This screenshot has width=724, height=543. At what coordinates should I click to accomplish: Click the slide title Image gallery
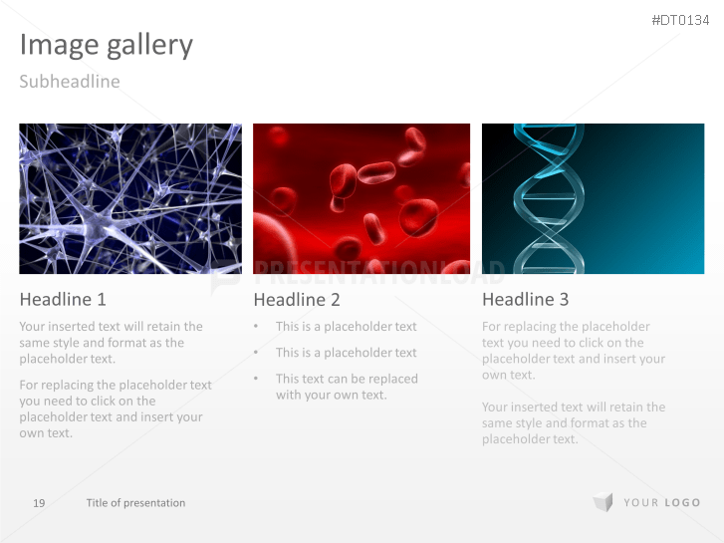[x=106, y=45]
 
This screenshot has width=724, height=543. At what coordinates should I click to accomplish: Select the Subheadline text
[x=69, y=82]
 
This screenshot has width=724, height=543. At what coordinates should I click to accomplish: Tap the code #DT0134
[x=681, y=20]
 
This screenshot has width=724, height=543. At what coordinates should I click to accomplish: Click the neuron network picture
[x=129, y=198]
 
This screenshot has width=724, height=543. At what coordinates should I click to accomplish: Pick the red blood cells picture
[x=361, y=198]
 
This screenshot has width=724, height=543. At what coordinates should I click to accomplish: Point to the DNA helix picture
[x=593, y=198]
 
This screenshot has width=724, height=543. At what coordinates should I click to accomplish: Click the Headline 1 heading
[x=62, y=299]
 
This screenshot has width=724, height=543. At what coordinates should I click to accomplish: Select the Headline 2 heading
[x=296, y=300]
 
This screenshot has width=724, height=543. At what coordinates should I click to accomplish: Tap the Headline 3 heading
[x=525, y=299]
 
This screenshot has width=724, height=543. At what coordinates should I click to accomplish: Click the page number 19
[x=39, y=503]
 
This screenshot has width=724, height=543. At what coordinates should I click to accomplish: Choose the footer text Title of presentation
[x=135, y=503]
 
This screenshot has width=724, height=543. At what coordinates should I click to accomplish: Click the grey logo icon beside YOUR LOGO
[x=603, y=502]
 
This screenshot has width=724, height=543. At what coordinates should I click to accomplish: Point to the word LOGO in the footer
[x=682, y=503]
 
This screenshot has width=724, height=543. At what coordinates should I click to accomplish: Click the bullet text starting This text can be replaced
[x=346, y=387]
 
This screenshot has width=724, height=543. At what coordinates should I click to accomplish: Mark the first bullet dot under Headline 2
[x=256, y=326]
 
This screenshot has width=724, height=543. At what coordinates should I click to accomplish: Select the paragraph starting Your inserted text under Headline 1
[x=110, y=342]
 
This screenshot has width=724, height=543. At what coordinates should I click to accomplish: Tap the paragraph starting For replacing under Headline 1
[x=115, y=408]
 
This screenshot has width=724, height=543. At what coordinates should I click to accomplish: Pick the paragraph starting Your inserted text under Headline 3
[x=573, y=422]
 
